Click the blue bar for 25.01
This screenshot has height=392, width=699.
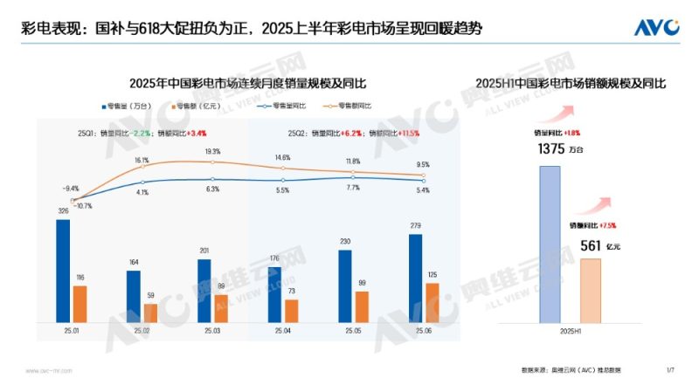[x=63, y=270]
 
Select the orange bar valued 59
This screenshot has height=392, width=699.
[x=150, y=313]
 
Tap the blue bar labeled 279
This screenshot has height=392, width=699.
[x=415, y=278]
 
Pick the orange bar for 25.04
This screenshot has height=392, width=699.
[x=291, y=310]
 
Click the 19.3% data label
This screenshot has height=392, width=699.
[x=212, y=151]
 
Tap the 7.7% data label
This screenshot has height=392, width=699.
[x=354, y=188]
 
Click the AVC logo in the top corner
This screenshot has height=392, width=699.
[x=657, y=27]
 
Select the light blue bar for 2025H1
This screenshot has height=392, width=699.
[x=550, y=244]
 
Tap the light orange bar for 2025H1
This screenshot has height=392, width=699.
[x=591, y=290]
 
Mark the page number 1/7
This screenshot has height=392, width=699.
[x=670, y=370]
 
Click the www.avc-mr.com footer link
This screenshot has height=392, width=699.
[x=42, y=370]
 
